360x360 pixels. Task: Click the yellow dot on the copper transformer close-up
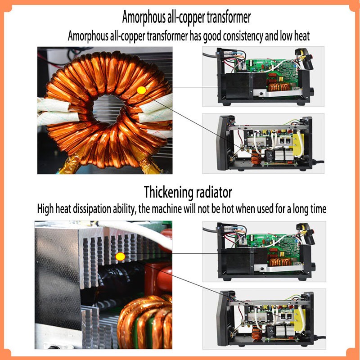pos(141,90)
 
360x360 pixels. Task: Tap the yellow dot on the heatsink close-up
pos(120,256)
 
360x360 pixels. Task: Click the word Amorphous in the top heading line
pos(144,18)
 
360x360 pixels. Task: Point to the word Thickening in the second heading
pos(168,192)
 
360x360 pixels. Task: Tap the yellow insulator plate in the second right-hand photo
pos(298,144)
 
